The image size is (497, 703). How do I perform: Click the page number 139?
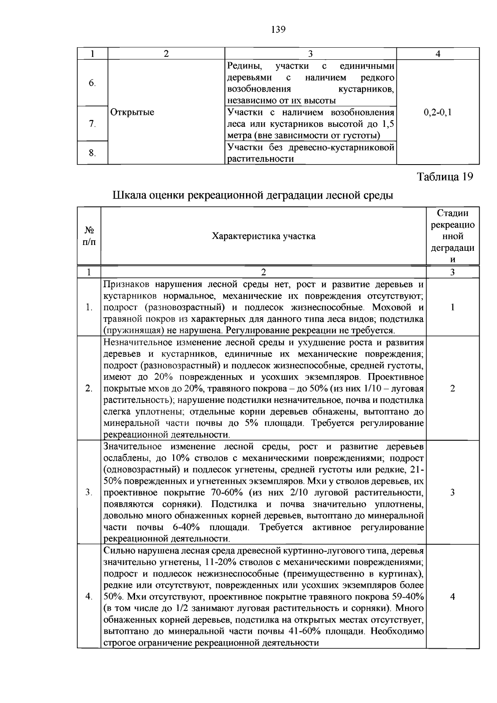point(278,29)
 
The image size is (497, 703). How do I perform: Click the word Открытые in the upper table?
point(132,112)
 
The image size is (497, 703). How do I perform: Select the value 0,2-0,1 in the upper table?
point(438,112)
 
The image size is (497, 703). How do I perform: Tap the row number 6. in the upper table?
point(92,83)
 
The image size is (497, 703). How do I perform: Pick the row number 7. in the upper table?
point(92,124)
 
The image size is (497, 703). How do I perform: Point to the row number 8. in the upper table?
point(92,153)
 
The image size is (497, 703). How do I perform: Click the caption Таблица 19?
point(444,177)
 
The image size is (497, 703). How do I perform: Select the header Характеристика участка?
point(263,236)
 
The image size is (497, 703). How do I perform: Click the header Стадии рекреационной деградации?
point(453,236)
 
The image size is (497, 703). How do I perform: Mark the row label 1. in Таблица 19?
point(89,308)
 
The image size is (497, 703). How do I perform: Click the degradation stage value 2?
point(453,388)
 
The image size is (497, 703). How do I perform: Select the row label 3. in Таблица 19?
point(89,492)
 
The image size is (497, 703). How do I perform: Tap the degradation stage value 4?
point(453,597)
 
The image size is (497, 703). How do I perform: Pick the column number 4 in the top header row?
point(438,53)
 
